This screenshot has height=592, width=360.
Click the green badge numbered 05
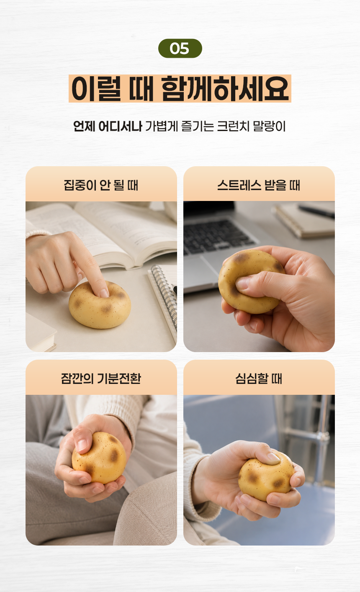click(x=180, y=49)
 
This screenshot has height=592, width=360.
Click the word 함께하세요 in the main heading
click(x=225, y=88)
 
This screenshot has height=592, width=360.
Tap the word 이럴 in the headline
click(x=96, y=88)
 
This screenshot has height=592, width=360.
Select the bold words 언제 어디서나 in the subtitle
click(x=108, y=126)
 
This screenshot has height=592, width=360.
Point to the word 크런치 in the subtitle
click(x=233, y=126)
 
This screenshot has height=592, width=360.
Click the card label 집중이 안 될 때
click(x=101, y=185)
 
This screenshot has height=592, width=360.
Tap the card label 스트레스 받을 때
click(x=259, y=185)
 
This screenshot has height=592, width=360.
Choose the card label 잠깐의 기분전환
click(x=101, y=378)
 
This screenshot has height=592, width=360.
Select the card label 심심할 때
click(x=259, y=378)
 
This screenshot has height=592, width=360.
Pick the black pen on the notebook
click(x=316, y=212)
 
